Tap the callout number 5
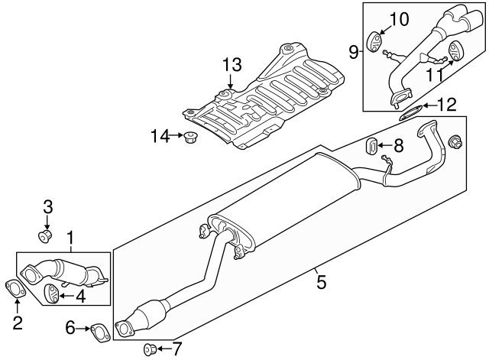(x=322, y=283)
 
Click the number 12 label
(x=446, y=103)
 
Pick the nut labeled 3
(x=47, y=235)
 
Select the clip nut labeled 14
(x=189, y=138)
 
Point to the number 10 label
(x=400, y=18)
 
